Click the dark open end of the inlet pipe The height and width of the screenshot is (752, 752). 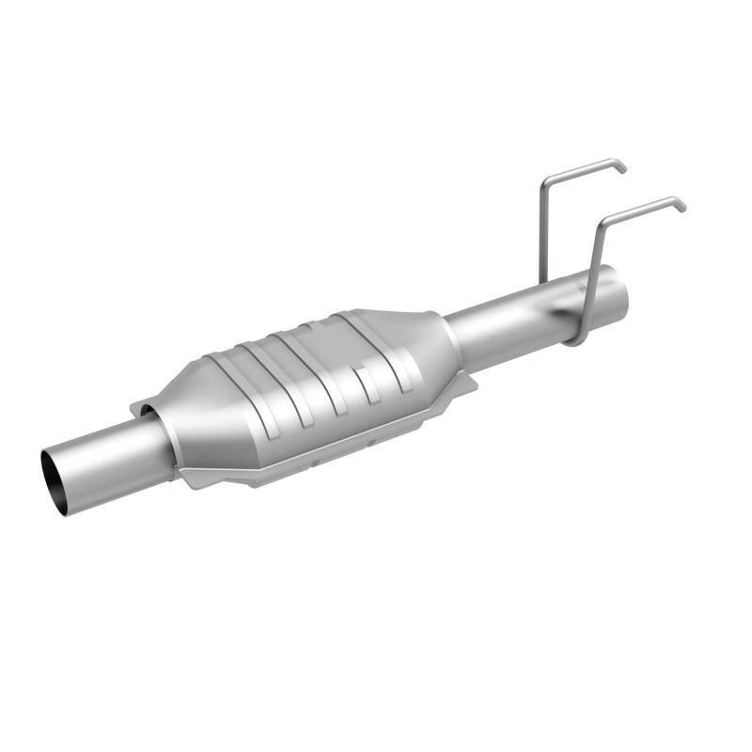pos(55,481)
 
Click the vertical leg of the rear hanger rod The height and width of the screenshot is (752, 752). pos(542,230)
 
